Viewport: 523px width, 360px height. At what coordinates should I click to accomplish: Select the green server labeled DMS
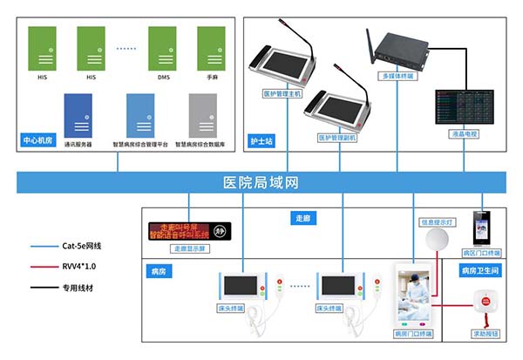[163, 49]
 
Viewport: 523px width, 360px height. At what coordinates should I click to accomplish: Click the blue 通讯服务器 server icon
[78, 115]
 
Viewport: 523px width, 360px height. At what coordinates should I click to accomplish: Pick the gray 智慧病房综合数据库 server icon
[202, 115]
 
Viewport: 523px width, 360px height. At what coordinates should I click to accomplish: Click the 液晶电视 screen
[463, 105]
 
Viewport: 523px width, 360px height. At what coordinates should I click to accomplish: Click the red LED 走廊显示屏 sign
[188, 231]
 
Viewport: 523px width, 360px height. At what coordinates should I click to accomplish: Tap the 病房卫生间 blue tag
[480, 271]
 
